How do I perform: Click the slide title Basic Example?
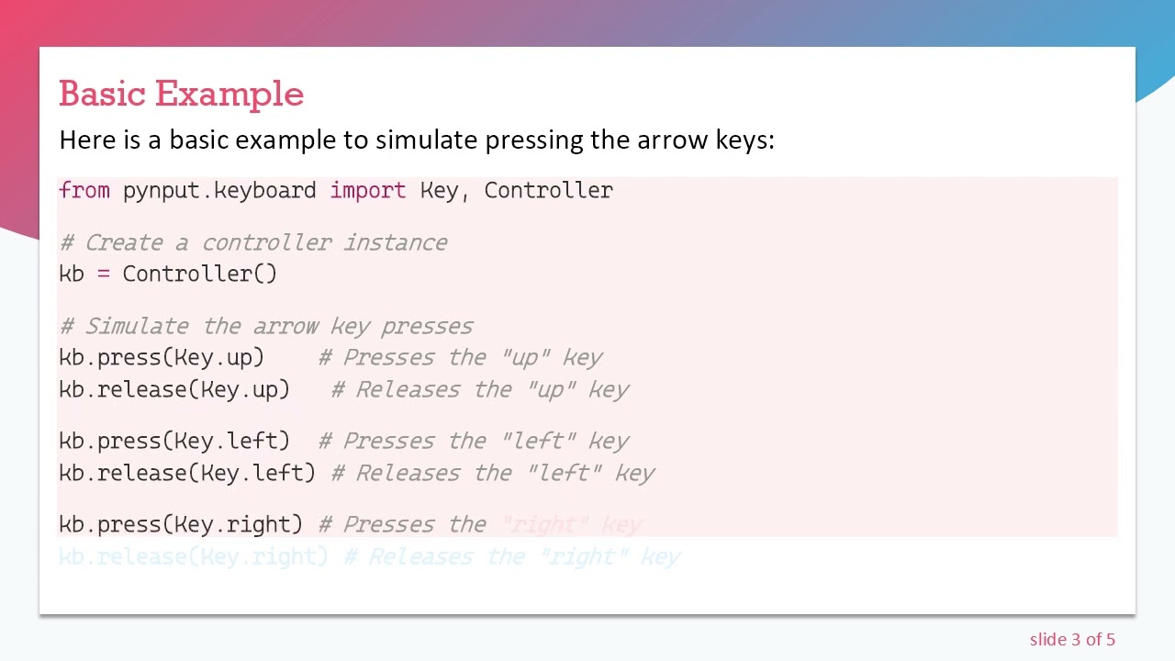tap(181, 94)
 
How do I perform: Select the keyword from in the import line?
tap(84, 190)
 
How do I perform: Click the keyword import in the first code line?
tap(367, 190)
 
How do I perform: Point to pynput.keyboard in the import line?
tap(219, 190)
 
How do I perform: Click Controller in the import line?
tap(548, 190)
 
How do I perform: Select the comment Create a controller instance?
tap(253, 242)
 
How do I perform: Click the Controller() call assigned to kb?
tap(199, 274)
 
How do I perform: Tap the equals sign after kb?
tap(104, 274)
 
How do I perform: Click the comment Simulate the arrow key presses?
tap(266, 326)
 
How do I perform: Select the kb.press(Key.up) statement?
tap(162, 357)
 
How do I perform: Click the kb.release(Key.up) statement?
tap(174, 389)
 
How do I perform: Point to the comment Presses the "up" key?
tap(461, 357)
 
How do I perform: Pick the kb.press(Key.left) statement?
tap(174, 441)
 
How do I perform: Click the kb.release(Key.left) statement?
tap(187, 473)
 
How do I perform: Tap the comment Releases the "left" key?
tap(493, 473)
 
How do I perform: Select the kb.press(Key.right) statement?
tap(181, 524)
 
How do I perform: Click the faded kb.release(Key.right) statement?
tap(194, 556)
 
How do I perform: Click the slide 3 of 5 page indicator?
tap(1072, 640)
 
